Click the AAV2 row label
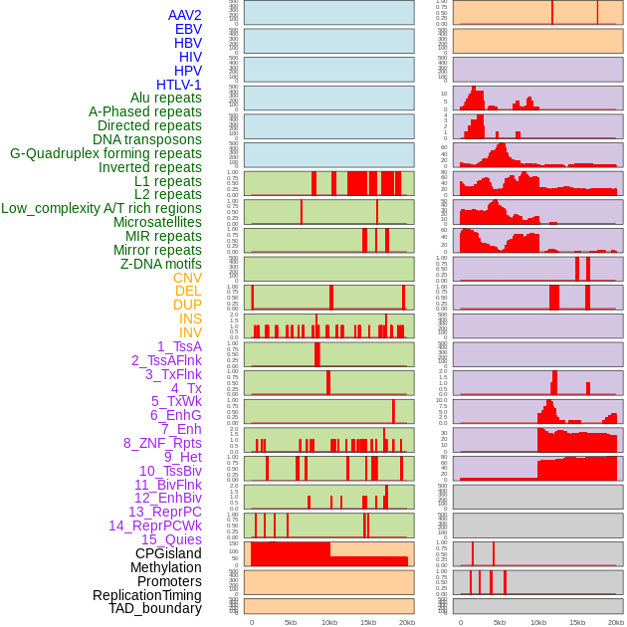point(185,15)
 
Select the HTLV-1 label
point(179,85)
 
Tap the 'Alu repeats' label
point(166,99)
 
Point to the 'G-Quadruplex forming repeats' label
point(105,153)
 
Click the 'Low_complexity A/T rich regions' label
point(102,209)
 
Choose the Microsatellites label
point(157,223)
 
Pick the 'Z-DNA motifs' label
point(161,264)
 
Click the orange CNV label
point(187,278)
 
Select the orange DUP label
point(187,305)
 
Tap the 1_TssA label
point(179,346)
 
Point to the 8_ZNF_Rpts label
point(162,443)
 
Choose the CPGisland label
point(168,553)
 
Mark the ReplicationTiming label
point(147,595)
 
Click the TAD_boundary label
point(155,608)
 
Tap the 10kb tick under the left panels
point(329,623)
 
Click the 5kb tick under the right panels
point(499,623)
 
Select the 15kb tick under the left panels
point(368,623)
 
